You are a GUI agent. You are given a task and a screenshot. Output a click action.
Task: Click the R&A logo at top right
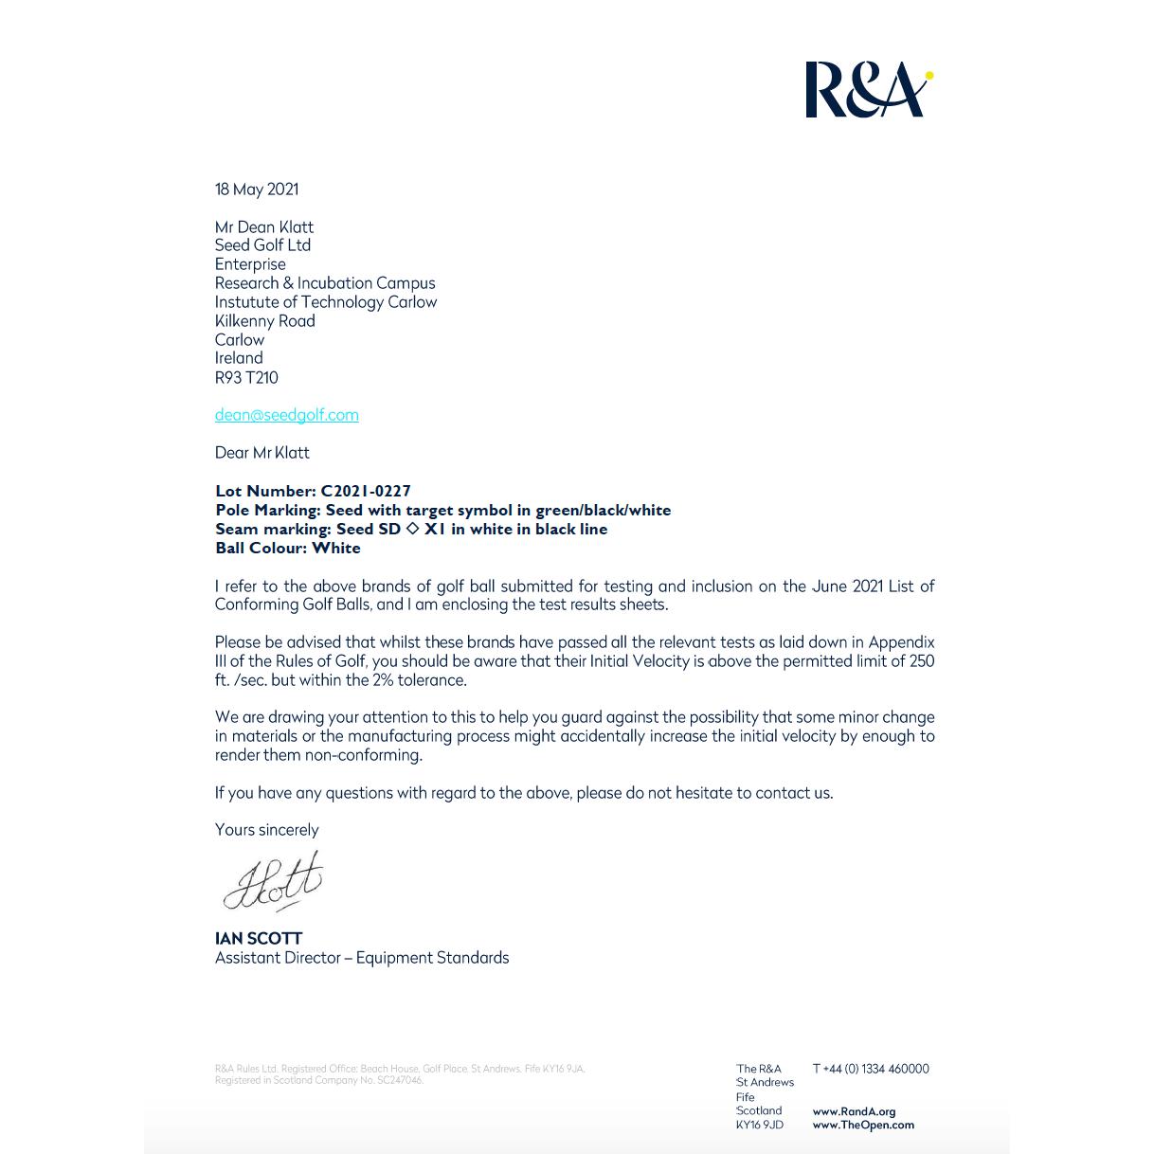(x=867, y=90)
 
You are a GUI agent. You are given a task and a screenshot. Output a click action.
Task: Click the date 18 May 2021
(x=257, y=189)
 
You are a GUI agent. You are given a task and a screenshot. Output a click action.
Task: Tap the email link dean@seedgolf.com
(x=286, y=415)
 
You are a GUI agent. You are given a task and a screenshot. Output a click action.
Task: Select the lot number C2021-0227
(x=366, y=491)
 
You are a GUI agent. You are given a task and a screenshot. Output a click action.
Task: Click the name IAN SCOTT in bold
(x=259, y=939)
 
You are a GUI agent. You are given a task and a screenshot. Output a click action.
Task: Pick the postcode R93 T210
(x=246, y=377)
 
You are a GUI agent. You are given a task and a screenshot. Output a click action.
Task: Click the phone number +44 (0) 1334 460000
(x=876, y=1069)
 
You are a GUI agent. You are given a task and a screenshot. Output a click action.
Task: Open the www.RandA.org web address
(x=854, y=1111)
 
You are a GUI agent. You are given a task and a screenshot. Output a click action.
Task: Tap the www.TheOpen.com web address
(x=863, y=1126)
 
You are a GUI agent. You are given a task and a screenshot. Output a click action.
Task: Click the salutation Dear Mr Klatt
(x=262, y=453)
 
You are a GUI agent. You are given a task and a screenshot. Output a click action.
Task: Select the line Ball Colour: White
(x=288, y=548)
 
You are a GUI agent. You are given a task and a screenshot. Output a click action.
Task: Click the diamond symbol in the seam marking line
(x=412, y=529)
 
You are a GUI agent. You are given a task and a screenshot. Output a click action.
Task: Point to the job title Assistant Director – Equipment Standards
(x=362, y=958)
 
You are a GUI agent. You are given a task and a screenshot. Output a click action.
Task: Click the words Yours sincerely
(x=267, y=830)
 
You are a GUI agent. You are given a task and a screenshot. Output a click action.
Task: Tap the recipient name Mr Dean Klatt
(x=264, y=227)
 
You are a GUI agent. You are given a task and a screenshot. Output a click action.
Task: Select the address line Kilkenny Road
(x=265, y=321)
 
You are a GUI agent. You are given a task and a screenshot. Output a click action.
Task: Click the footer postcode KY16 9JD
(x=760, y=1126)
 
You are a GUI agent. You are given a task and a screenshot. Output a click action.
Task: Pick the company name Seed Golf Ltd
(x=263, y=245)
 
